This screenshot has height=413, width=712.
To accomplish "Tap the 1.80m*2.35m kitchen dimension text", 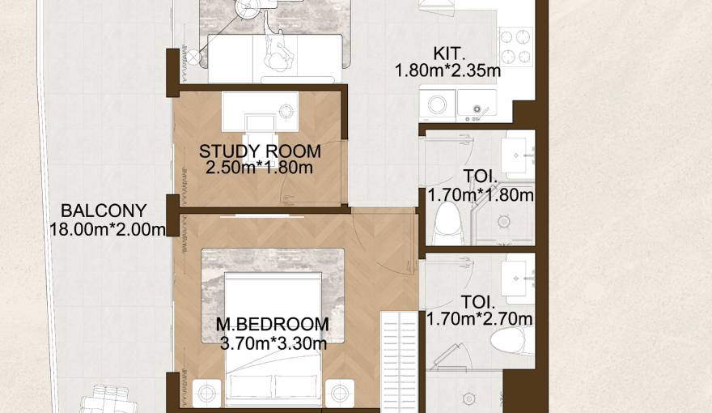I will point(447,70).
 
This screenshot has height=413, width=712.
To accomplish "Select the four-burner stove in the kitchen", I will point(515,46).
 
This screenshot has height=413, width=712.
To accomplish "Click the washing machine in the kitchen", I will point(438,104).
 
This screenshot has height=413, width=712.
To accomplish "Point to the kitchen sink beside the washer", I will point(477,104).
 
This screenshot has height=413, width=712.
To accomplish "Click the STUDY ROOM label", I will point(260,151).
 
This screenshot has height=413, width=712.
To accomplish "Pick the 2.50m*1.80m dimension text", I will point(260,168).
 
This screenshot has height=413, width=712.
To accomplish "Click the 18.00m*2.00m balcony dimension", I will point(108,229).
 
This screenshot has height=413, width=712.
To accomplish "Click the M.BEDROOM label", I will point(273,325).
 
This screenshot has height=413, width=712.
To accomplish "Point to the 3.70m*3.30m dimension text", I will point(273,343).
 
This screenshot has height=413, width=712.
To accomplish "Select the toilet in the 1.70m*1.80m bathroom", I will point(446,222).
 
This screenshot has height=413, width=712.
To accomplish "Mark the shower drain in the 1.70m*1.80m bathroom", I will point(504,220).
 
